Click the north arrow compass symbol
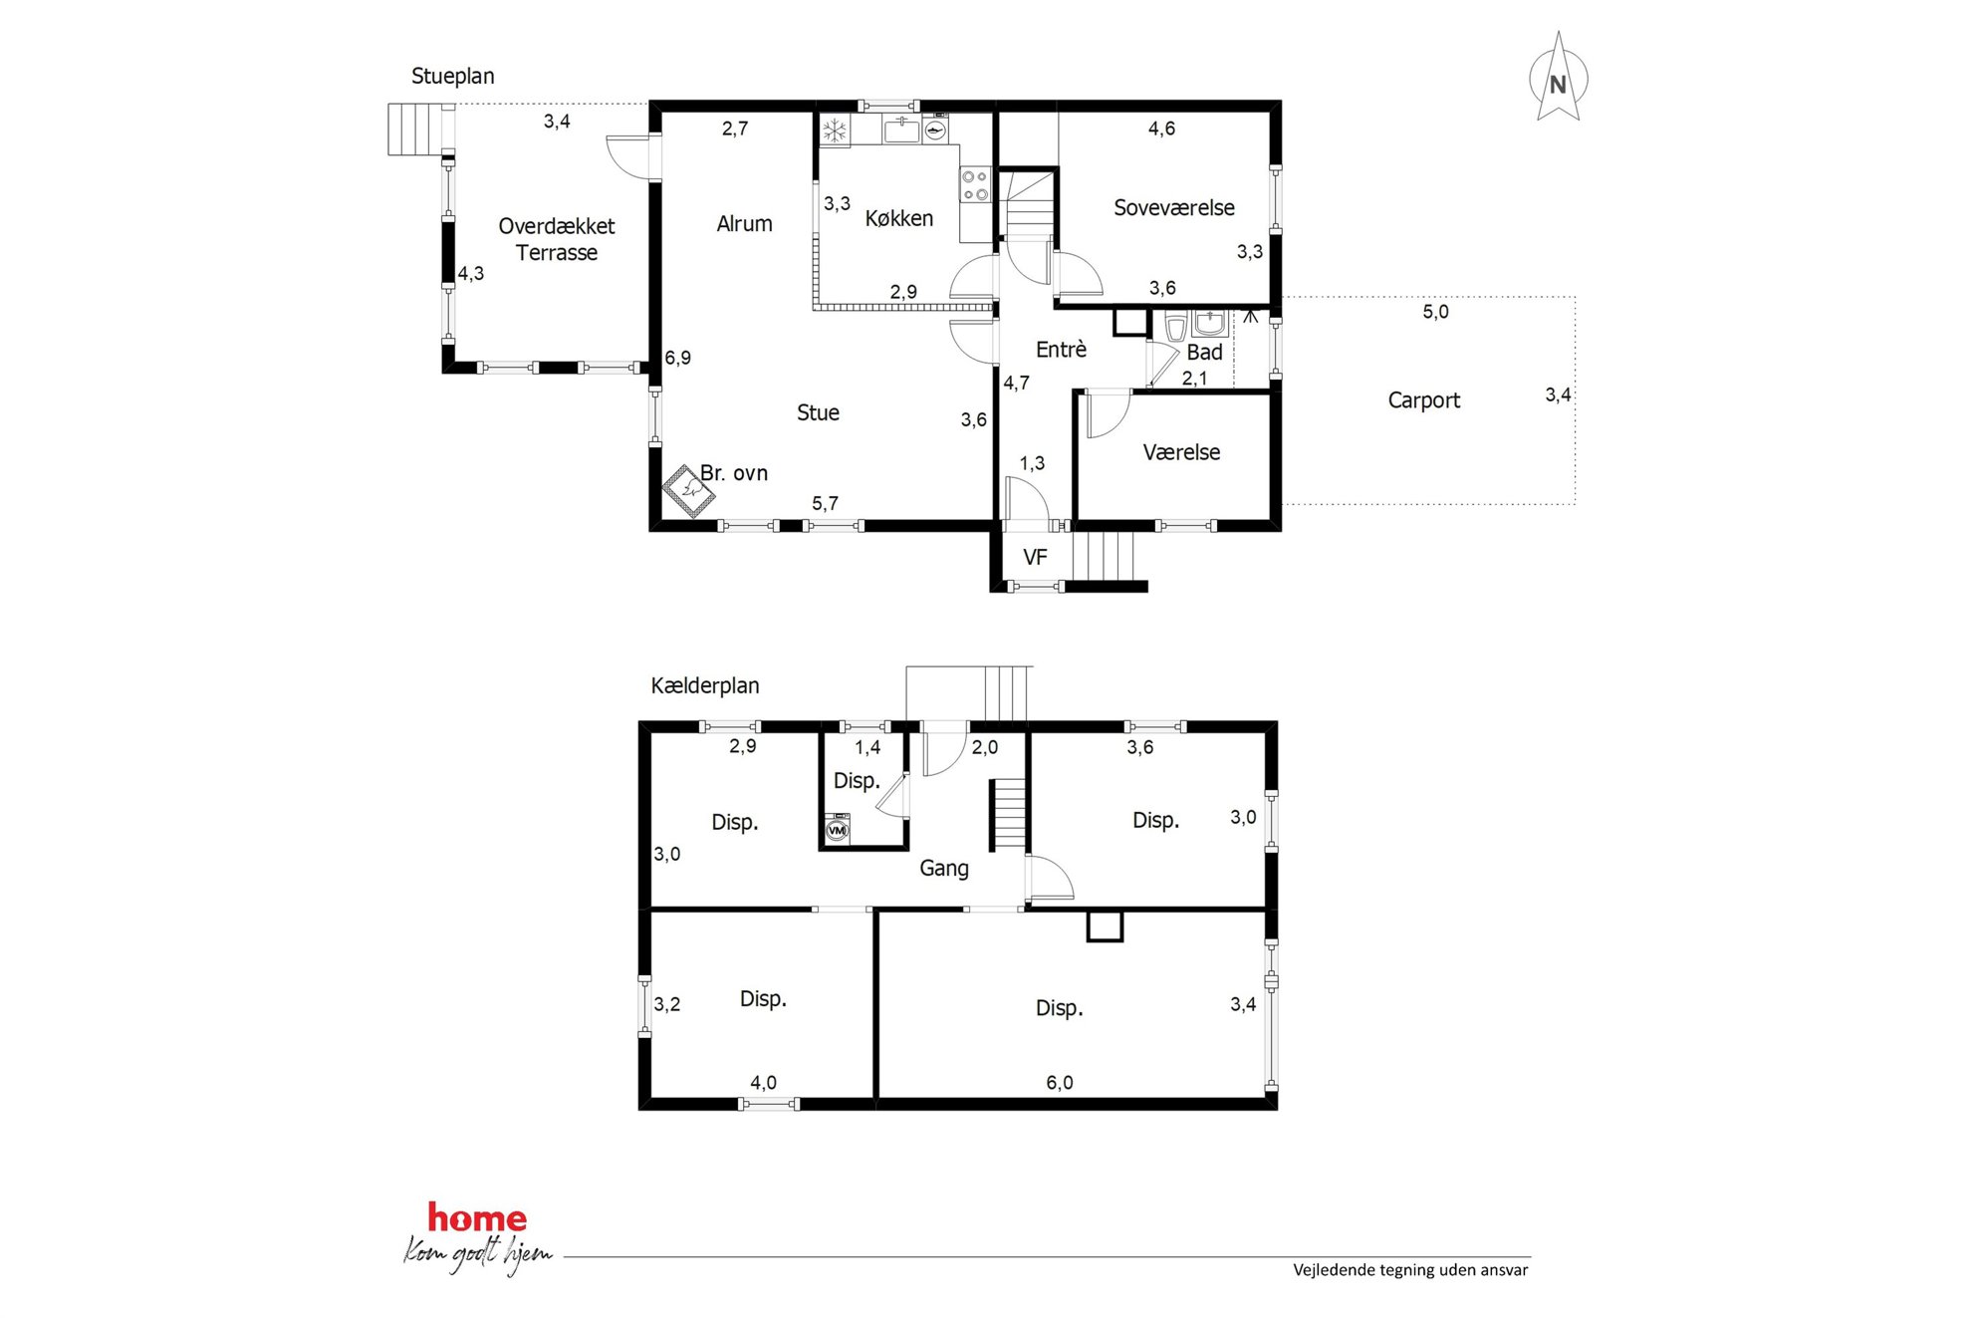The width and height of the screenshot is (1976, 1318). [1558, 78]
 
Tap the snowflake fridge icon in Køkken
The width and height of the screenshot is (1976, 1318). [835, 131]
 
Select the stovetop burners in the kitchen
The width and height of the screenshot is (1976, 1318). [974, 184]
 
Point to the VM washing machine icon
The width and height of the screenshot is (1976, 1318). [838, 830]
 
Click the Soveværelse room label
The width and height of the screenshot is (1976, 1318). [1173, 208]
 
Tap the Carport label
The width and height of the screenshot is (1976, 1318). [1423, 400]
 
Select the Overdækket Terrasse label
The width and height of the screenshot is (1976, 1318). [556, 239]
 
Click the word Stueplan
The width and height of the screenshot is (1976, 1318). [452, 76]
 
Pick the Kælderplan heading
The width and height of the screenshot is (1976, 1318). [704, 685]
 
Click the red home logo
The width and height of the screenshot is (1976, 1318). [477, 1217]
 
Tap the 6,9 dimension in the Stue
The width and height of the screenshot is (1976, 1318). [677, 358]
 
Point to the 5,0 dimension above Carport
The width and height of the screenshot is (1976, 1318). [1435, 312]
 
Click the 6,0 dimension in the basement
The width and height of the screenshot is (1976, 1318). [1059, 1083]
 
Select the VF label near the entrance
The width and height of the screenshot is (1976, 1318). [1035, 557]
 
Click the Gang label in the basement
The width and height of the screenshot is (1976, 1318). [943, 869]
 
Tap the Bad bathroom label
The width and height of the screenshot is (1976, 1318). [1204, 353]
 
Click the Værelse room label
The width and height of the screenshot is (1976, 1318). [1181, 452]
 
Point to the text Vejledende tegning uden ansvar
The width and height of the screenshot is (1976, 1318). [1410, 1270]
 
